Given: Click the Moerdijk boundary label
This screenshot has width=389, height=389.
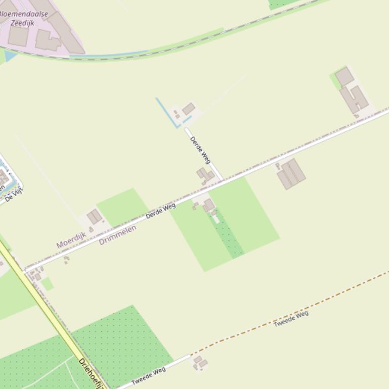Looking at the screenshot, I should (x=71, y=240).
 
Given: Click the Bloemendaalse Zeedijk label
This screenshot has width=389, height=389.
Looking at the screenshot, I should (x=23, y=18).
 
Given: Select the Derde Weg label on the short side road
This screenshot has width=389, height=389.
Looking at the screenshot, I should (x=200, y=150).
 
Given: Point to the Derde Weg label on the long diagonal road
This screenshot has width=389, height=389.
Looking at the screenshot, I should (x=160, y=211).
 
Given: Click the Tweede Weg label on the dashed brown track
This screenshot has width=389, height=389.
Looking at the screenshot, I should (x=291, y=318).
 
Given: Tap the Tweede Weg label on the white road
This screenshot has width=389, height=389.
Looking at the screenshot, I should (x=149, y=376).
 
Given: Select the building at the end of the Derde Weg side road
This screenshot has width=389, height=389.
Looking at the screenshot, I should (x=189, y=109).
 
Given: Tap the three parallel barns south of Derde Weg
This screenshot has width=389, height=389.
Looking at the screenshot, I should (x=291, y=173).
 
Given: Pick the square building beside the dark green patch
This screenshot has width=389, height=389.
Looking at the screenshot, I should (x=208, y=205).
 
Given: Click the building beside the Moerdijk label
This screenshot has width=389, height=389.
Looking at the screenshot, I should (x=94, y=217).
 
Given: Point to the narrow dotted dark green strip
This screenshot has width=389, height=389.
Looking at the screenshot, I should (x=227, y=235).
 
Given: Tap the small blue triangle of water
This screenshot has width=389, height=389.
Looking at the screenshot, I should (x=10, y=56).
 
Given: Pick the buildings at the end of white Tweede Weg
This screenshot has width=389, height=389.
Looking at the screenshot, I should (x=200, y=362).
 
